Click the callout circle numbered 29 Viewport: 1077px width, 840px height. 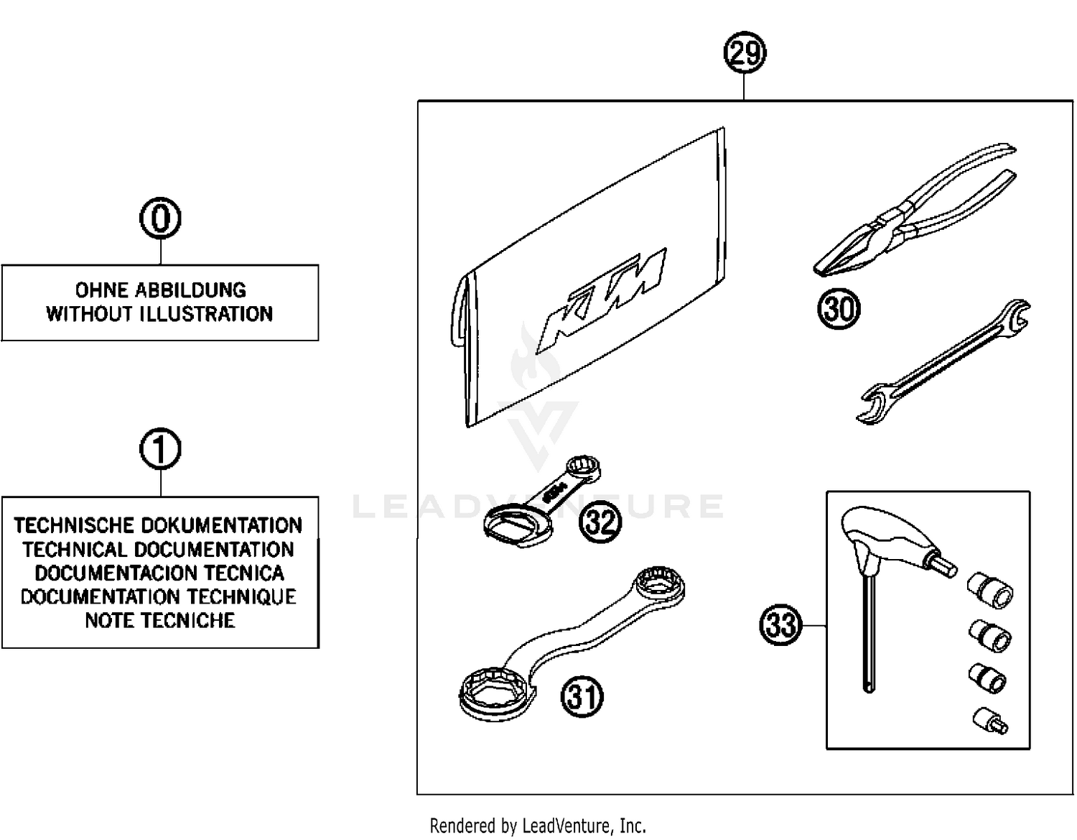click(745, 54)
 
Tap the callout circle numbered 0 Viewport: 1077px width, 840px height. click(160, 218)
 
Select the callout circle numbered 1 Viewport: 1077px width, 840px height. click(160, 450)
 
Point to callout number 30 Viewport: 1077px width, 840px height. click(839, 309)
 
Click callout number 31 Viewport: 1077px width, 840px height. click(582, 696)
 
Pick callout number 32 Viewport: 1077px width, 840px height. click(600, 521)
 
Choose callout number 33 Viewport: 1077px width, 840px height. click(780, 624)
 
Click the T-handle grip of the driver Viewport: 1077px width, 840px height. click(883, 532)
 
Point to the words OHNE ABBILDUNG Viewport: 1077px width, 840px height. click(160, 290)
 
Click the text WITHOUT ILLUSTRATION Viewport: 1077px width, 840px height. click(160, 314)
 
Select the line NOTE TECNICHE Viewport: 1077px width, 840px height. click(160, 620)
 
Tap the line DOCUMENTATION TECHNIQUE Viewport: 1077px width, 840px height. click(159, 596)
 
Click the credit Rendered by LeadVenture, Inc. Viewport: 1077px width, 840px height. click(538, 826)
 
